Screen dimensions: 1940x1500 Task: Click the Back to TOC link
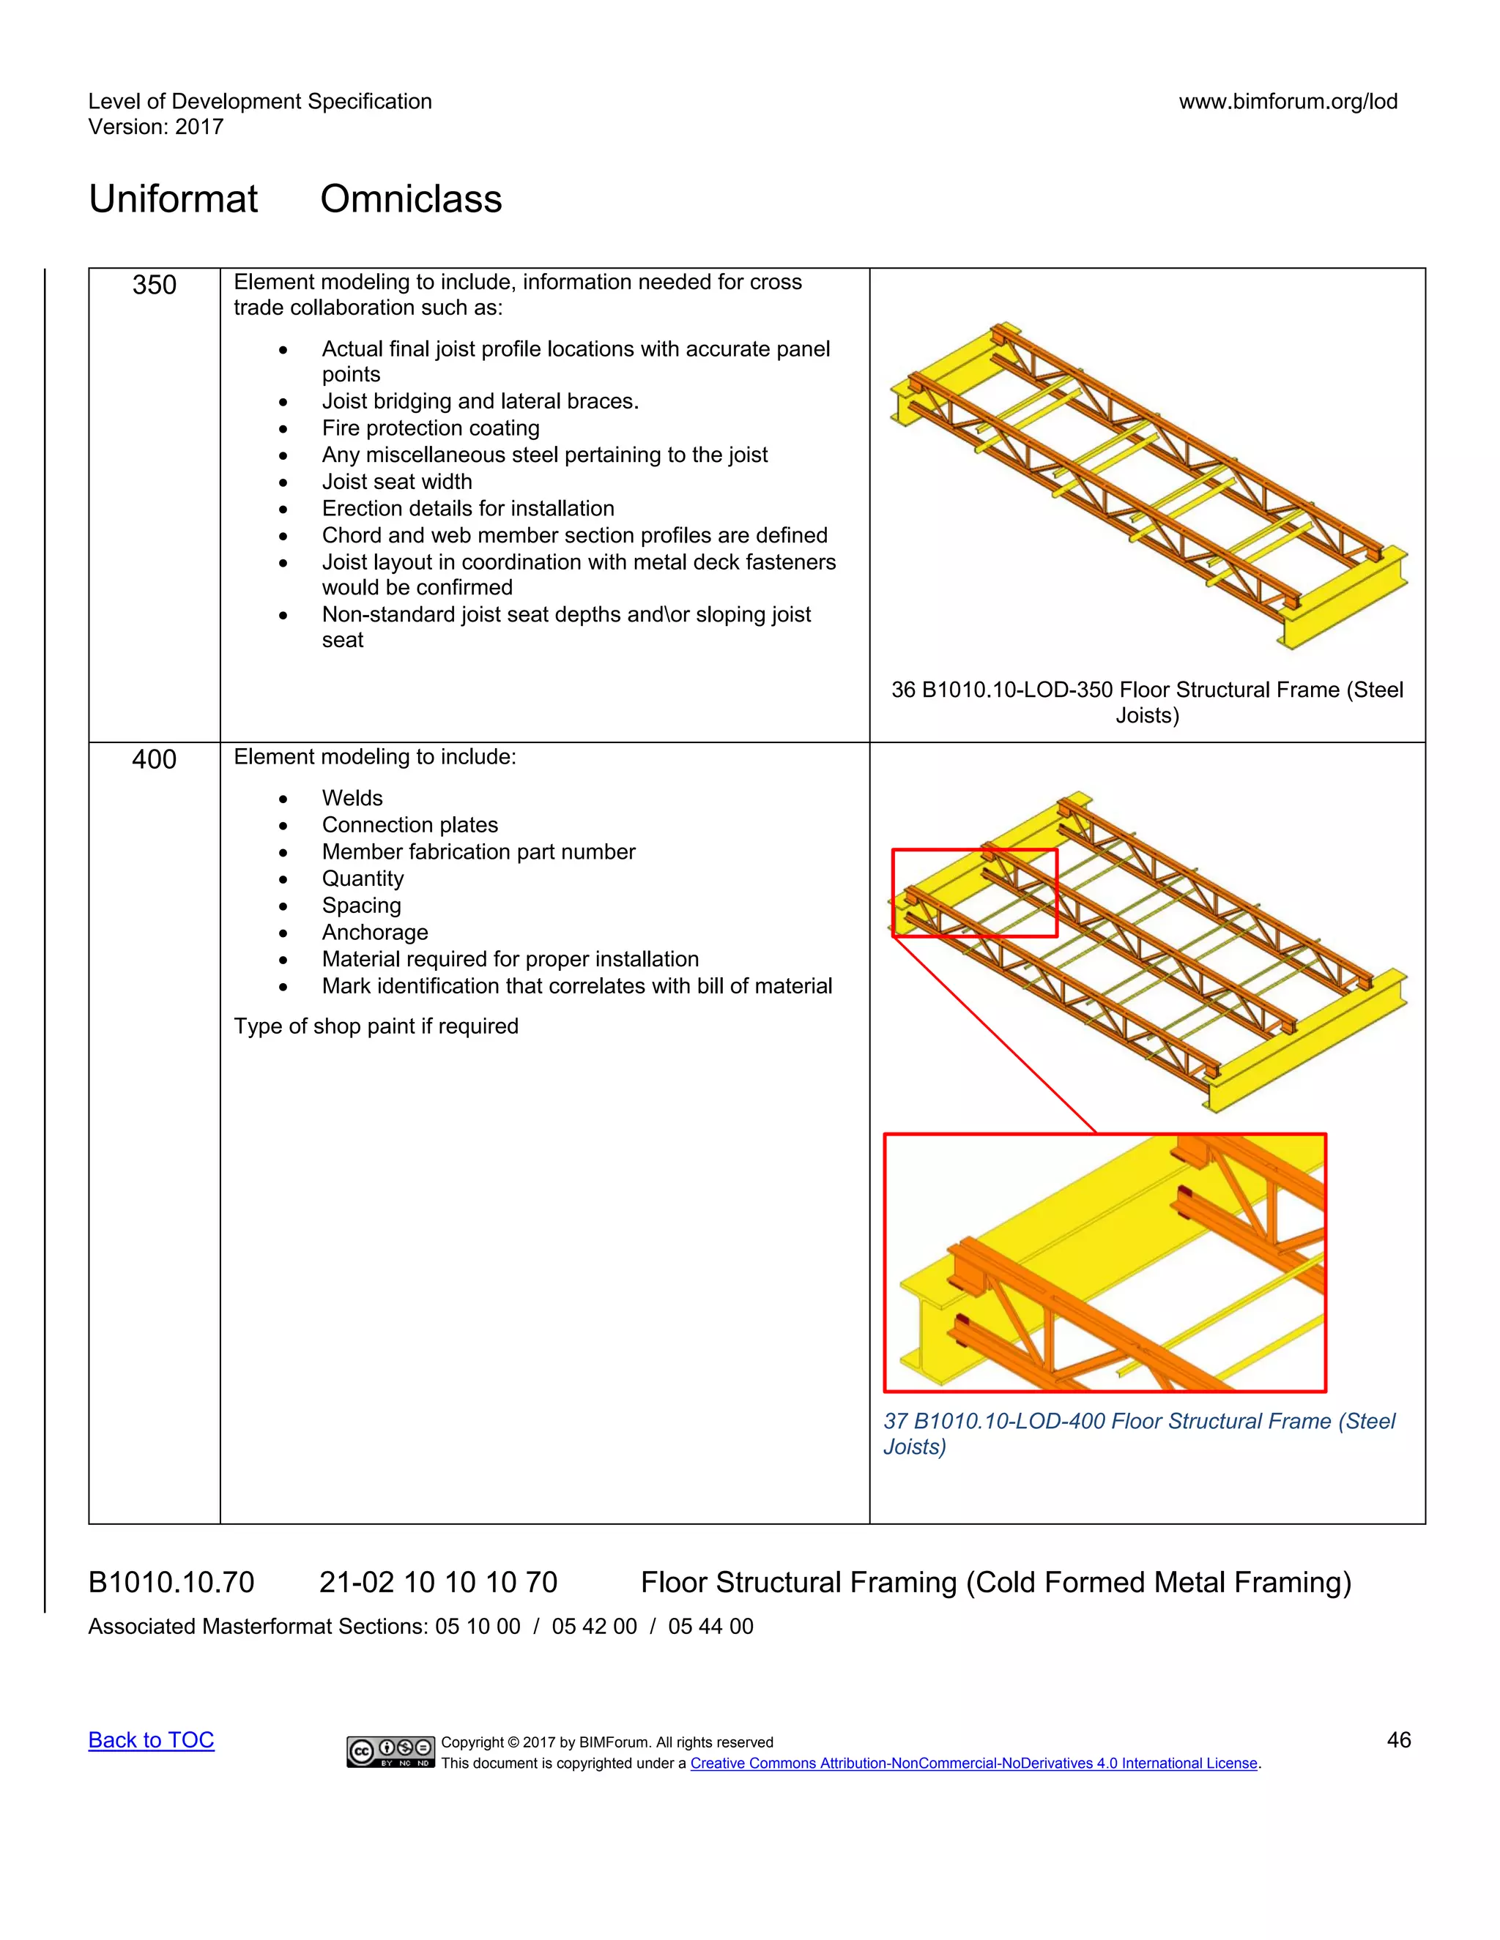click(x=151, y=1740)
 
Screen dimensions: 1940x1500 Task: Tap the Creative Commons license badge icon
click(x=390, y=1751)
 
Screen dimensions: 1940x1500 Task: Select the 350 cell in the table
click(x=154, y=285)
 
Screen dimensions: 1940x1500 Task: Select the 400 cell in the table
click(x=154, y=759)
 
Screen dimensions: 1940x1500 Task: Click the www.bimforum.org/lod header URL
click(x=1288, y=101)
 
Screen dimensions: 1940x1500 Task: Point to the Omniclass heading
click(x=411, y=199)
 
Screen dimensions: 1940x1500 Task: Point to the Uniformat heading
click(x=174, y=199)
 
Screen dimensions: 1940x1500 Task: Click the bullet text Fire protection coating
click(x=430, y=428)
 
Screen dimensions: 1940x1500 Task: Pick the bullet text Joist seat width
click(x=396, y=482)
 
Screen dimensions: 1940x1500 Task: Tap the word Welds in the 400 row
click(x=352, y=798)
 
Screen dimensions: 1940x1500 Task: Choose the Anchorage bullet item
click(x=374, y=932)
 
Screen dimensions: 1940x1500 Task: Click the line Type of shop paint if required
click(x=376, y=1026)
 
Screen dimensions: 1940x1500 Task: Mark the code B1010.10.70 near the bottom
click(x=171, y=1582)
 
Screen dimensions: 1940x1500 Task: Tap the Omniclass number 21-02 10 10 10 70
click(x=438, y=1582)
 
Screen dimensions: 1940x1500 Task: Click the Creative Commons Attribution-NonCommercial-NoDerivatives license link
click(x=974, y=1764)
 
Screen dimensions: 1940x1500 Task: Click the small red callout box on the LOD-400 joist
click(x=974, y=892)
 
